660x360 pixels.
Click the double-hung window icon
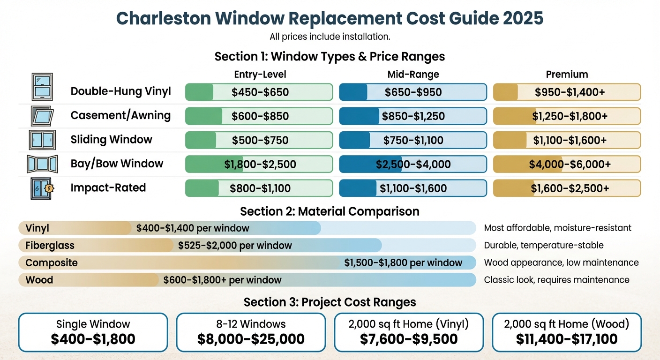point(42,87)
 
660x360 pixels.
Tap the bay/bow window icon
point(42,164)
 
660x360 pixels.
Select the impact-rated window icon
point(42,188)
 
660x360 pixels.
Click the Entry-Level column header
point(260,75)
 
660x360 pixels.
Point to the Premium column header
point(567,75)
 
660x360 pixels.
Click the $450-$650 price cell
point(259,92)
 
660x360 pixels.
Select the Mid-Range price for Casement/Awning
point(413,116)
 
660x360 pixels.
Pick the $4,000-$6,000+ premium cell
point(567,164)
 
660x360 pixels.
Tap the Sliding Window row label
point(111,140)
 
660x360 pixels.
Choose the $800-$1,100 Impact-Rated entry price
point(259,188)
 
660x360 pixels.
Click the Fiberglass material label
point(50,246)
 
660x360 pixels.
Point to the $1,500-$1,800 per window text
point(403,263)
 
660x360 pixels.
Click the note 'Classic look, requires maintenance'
point(556,280)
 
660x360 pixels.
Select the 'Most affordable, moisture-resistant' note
point(557,228)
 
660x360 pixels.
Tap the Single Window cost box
point(93,332)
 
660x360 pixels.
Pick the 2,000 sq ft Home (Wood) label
point(567,324)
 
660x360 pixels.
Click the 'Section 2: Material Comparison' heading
point(330,211)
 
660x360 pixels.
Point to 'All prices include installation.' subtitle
point(330,37)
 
